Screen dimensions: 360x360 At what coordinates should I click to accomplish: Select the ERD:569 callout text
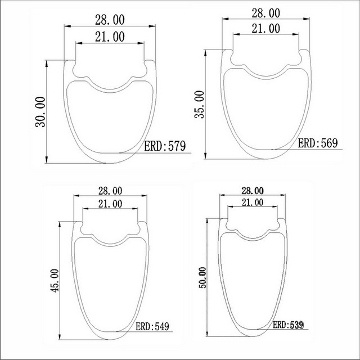[x=317, y=143]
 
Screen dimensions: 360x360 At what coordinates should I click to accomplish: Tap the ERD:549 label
[x=151, y=326]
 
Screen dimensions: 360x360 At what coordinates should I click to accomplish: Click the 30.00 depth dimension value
[x=40, y=112]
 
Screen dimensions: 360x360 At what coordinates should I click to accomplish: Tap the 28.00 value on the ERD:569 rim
[x=265, y=12]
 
